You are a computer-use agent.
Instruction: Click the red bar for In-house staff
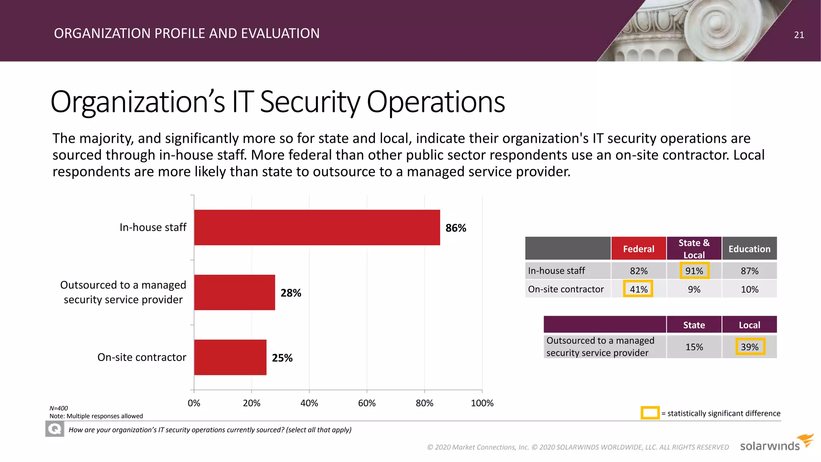coord(317,227)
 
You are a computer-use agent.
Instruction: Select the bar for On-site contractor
coord(230,357)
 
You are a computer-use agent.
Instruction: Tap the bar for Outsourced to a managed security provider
coord(235,292)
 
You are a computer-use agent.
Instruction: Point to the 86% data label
coord(456,228)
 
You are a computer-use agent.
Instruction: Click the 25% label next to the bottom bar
coord(282,358)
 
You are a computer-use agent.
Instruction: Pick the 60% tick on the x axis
coord(367,403)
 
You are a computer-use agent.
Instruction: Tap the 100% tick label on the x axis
coord(482,403)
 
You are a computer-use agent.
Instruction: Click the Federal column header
coord(639,249)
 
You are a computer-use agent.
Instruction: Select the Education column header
coord(749,249)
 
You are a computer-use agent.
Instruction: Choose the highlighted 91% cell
coord(694,271)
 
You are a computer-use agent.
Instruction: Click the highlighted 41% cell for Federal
coord(638,289)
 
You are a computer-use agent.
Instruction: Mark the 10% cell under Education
coord(749,289)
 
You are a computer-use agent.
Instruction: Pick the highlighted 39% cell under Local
coord(750,347)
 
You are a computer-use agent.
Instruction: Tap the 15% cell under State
coord(694,347)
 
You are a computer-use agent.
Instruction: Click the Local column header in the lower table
coord(749,325)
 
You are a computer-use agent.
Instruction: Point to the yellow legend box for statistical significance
coord(650,413)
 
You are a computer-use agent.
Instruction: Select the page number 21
coord(799,35)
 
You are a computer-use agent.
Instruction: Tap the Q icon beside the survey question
coord(55,430)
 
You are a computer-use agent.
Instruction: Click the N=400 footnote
coord(59,408)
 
